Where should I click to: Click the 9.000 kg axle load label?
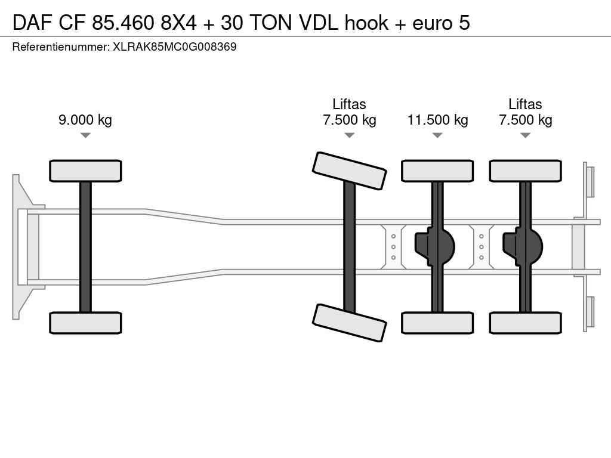(85, 120)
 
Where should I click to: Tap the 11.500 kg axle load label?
(437, 120)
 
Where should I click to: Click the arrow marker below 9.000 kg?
(85, 135)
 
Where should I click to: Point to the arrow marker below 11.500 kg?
(437, 135)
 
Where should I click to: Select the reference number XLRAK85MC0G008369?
(175, 47)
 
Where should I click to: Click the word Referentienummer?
(60, 47)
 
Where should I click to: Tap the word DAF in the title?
(32, 23)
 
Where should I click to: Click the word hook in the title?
(366, 23)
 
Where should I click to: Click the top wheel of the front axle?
(85, 171)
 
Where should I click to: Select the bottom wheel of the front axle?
(85, 323)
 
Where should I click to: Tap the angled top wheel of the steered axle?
(350, 171)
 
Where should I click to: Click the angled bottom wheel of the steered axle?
(350, 323)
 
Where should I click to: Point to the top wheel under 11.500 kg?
(437, 171)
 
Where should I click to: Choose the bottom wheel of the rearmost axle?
(526, 323)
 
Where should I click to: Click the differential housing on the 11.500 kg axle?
(435, 247)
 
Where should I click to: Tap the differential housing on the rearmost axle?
(523, 247)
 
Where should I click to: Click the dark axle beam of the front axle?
(85, 247)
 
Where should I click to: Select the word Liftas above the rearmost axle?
(525, 104)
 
